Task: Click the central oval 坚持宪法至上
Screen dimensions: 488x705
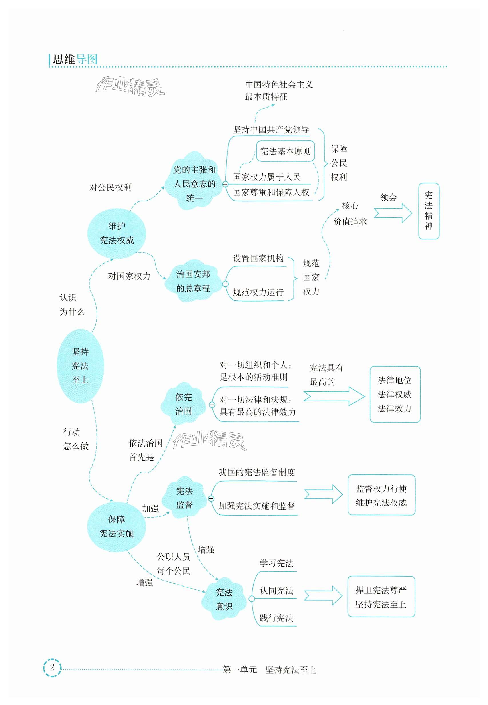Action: pos(80,366)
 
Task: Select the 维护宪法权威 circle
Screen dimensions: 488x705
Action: pos(117,233)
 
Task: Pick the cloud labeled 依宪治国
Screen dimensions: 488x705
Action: pos(184,404)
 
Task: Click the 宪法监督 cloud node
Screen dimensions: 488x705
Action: pos(184,498)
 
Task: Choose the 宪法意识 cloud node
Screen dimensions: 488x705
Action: pos(224,599)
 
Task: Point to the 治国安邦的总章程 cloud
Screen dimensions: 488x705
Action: pos(193,281)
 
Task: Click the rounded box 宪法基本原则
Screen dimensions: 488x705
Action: pos(285,151)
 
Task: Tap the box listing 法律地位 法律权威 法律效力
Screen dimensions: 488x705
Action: pos(395,394)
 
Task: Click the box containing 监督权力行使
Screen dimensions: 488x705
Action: pos(381,495)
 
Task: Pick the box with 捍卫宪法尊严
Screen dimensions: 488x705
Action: pos(381,597)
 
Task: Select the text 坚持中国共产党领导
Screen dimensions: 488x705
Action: pos(271,130)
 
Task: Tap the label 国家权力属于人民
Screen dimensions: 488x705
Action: pos(267,177)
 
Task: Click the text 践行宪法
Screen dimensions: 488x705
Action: pos(276,618)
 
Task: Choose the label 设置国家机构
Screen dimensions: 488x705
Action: pos(258,258)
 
